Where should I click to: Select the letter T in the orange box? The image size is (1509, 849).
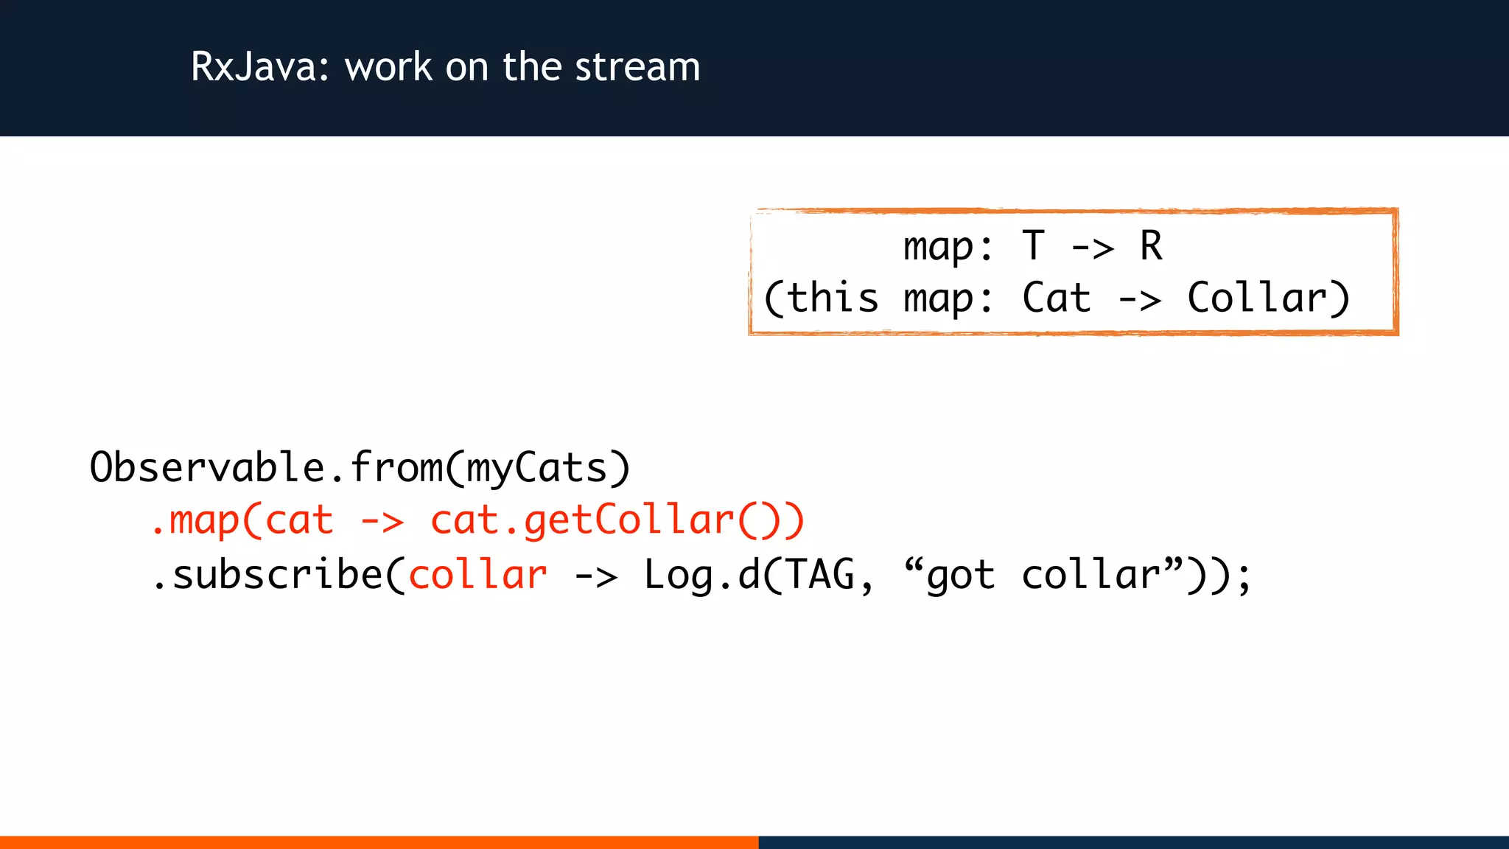click(x=1034, y=245)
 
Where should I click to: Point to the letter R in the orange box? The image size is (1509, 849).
click(x=1151, y=245)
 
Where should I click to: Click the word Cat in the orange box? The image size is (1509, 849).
click(x=1056, y=298)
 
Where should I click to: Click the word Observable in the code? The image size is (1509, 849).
click(x=207, y=467)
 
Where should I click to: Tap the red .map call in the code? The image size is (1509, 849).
click(x=195, y=521)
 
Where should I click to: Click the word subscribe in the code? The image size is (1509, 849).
click(x=277, y=575)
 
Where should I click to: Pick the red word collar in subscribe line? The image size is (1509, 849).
click(x=478, y=575)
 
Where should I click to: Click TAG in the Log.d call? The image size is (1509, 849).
click(x=820, y=575)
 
